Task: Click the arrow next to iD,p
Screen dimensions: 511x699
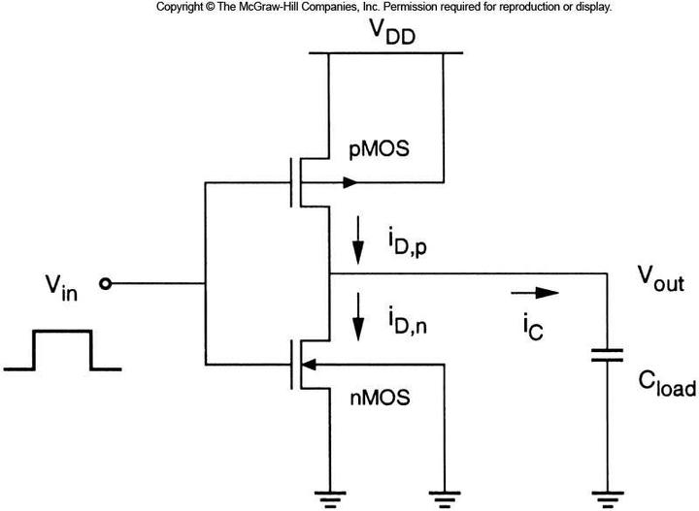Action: [x=358, y=243]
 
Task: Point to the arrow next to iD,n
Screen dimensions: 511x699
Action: [x=358, y=319]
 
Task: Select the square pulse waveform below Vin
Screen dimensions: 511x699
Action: [x=62, y=350]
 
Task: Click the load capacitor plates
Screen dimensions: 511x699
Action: [x=606, y=356]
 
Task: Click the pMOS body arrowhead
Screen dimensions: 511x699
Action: [x=349, y=181]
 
